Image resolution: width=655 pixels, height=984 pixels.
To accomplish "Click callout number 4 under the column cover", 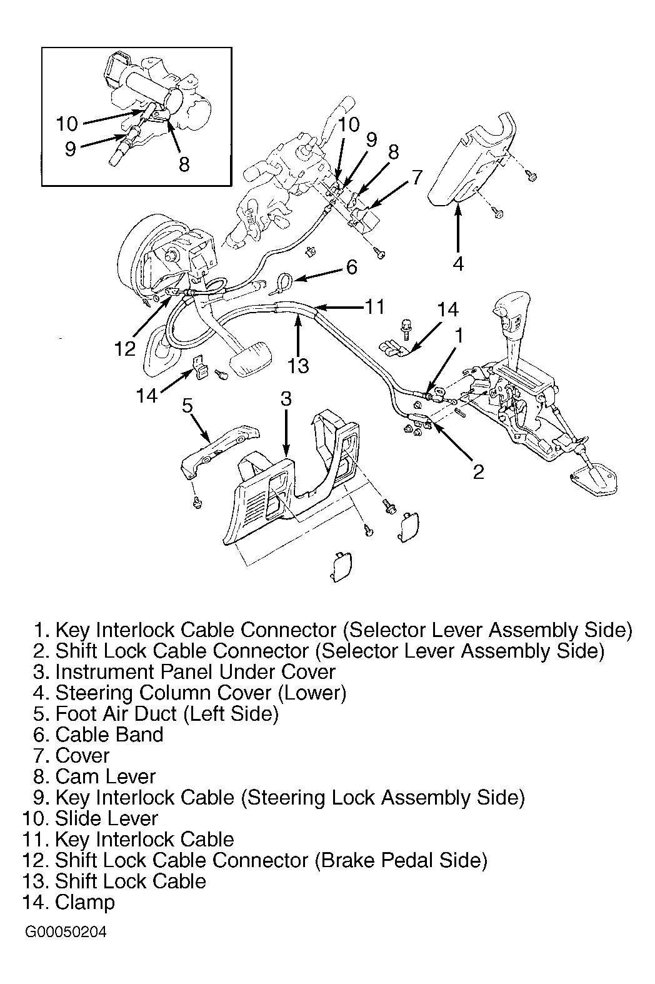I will [458, 264].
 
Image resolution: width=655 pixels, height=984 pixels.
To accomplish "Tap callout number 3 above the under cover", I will [286, 398].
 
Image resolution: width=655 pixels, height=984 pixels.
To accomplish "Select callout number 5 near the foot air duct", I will [187, 405].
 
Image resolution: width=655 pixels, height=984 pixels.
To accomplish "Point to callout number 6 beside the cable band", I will [352, 268].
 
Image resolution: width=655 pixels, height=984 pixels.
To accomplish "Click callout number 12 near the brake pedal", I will [125, 348].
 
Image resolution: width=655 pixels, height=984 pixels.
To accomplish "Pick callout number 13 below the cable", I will [299, 365].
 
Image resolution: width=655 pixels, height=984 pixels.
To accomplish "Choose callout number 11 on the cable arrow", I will [374, 306].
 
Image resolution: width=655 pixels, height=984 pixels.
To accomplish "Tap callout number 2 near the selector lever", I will [478, 471].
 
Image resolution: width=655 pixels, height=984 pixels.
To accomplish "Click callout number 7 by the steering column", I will [416, 177].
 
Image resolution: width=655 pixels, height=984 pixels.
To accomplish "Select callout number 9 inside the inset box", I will [70, 149].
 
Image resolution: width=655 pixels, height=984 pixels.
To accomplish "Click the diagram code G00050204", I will [66, 932].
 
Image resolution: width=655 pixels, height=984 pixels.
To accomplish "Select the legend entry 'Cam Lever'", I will [105, 776].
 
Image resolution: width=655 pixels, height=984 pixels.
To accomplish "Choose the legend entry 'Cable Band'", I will [109, 735].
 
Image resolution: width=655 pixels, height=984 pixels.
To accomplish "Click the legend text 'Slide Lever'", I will [106, 818].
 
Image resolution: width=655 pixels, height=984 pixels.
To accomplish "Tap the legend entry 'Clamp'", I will [85, 902].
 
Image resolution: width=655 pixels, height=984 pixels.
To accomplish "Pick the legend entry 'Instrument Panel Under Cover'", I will [195, 672].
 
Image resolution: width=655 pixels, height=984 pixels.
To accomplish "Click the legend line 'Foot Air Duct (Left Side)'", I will [167, 713].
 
